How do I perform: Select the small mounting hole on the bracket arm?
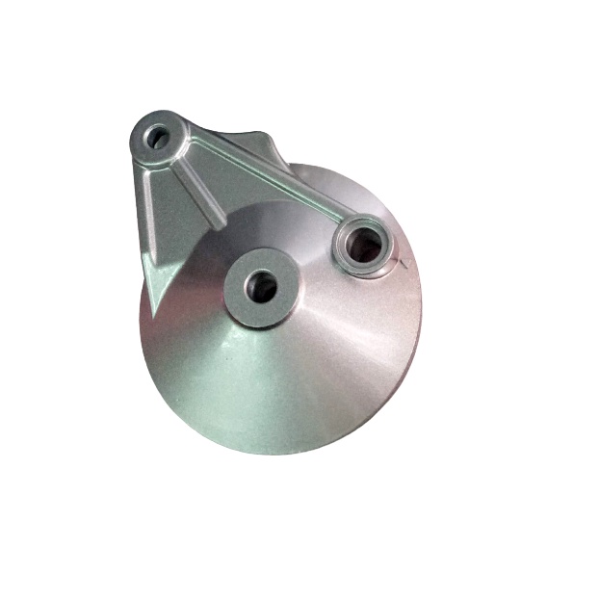click(x=156, y=137)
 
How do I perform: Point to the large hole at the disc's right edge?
click(x=366, y=247)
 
